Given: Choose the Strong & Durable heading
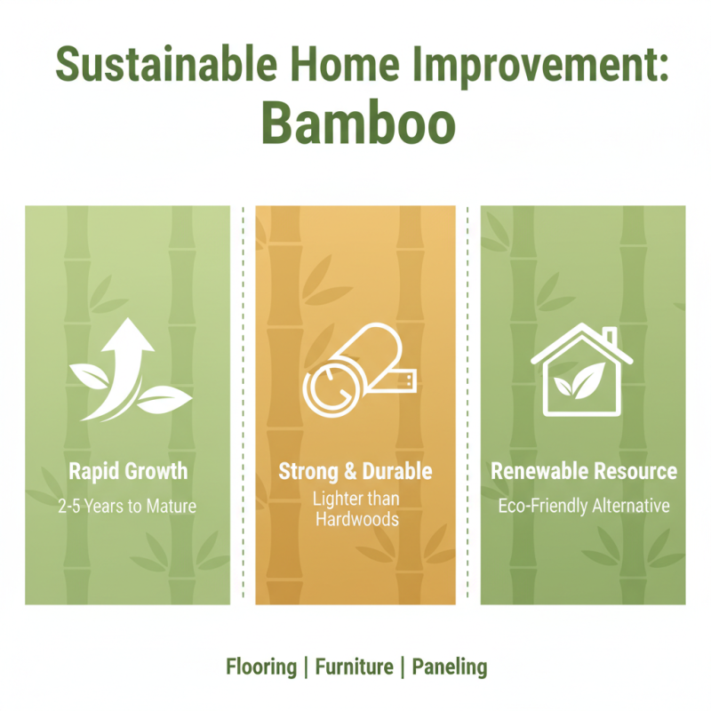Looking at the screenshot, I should tap(355, 470).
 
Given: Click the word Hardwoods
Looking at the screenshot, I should tap(355, 518).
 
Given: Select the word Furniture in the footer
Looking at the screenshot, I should tap(355, 666).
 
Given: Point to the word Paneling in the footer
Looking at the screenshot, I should tap(450, 666).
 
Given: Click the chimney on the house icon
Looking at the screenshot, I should tap(610, 337).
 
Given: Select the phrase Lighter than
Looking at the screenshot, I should tap(355, 499).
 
